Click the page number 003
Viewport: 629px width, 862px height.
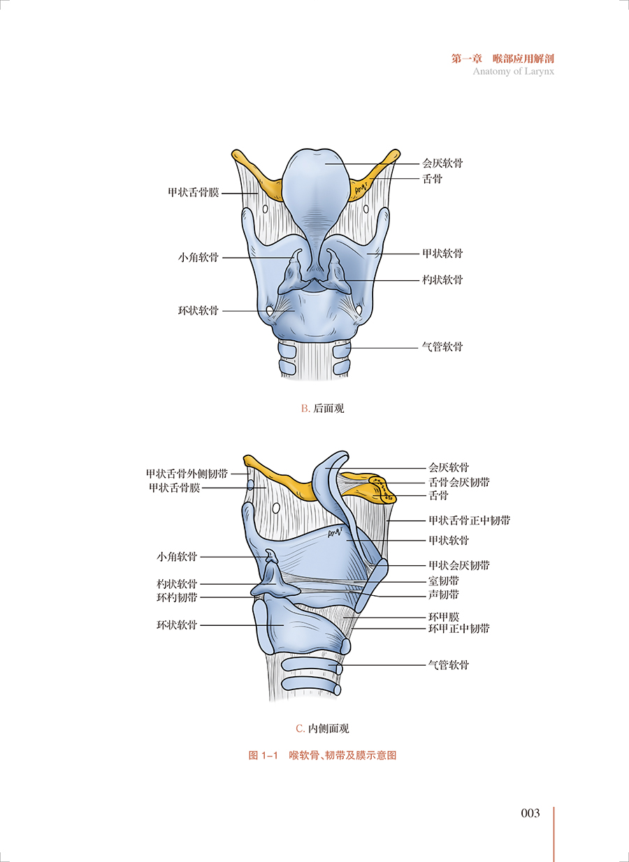point(530,813)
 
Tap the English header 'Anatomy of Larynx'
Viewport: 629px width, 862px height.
point(513,71)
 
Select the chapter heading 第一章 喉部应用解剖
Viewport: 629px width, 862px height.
point(503,59)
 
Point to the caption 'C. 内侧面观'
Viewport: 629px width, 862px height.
point(322,729)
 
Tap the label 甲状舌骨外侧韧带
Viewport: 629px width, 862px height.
point(187,474)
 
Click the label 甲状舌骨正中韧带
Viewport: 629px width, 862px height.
point(469,520)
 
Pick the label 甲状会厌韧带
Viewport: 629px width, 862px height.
point(458,565)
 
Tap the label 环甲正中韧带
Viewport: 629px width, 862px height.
point(458,629)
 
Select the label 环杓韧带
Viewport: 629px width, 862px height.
point(177,597)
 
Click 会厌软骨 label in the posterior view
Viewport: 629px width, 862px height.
point(442,163)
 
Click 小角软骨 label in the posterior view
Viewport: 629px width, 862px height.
point(198,257)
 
